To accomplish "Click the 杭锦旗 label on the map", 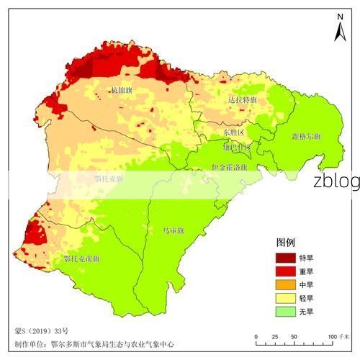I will [122, 90].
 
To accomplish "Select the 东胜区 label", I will [233, 133].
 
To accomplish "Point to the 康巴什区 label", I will [237, 148].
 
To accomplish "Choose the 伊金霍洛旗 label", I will [229, 166].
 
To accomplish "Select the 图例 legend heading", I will [286, 243].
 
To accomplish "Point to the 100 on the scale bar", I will [333, 336].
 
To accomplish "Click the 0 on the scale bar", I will [254, 336].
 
